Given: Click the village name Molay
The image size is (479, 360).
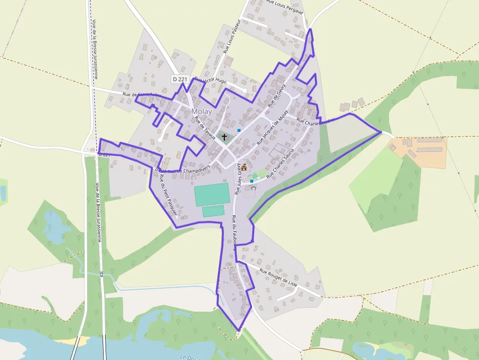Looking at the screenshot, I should tap(202, 111).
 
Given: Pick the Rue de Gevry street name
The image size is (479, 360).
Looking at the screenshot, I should tap(276, 95).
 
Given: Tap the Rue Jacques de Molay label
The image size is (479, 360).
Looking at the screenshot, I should tap(272, 128).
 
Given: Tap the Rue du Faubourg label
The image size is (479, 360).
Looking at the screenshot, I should tap(234, 233).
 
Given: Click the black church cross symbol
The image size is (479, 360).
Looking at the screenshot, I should tap(224, 137).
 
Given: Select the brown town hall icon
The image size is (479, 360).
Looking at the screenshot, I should tap(244, 167).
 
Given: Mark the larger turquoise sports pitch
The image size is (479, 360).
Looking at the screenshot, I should tap(212, 194).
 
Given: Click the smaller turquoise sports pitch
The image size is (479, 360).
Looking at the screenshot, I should tap(213, 211).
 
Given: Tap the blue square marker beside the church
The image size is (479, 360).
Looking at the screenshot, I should tap(239, 130).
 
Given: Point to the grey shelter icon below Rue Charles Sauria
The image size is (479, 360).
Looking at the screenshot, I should tap(254, 188).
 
